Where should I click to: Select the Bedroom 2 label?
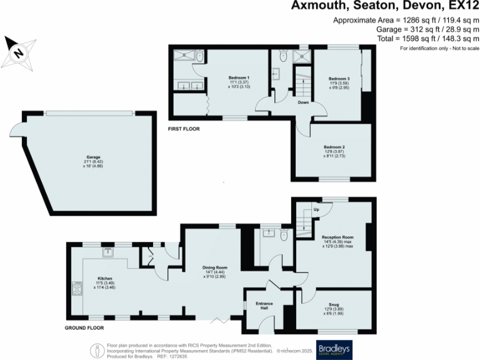tap(334, 147)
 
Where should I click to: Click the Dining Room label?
tap(214, 267)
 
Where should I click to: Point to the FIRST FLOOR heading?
tap(183, 129)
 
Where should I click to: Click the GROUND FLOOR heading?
tap(86, 327)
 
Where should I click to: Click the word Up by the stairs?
tap(317, 209)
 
